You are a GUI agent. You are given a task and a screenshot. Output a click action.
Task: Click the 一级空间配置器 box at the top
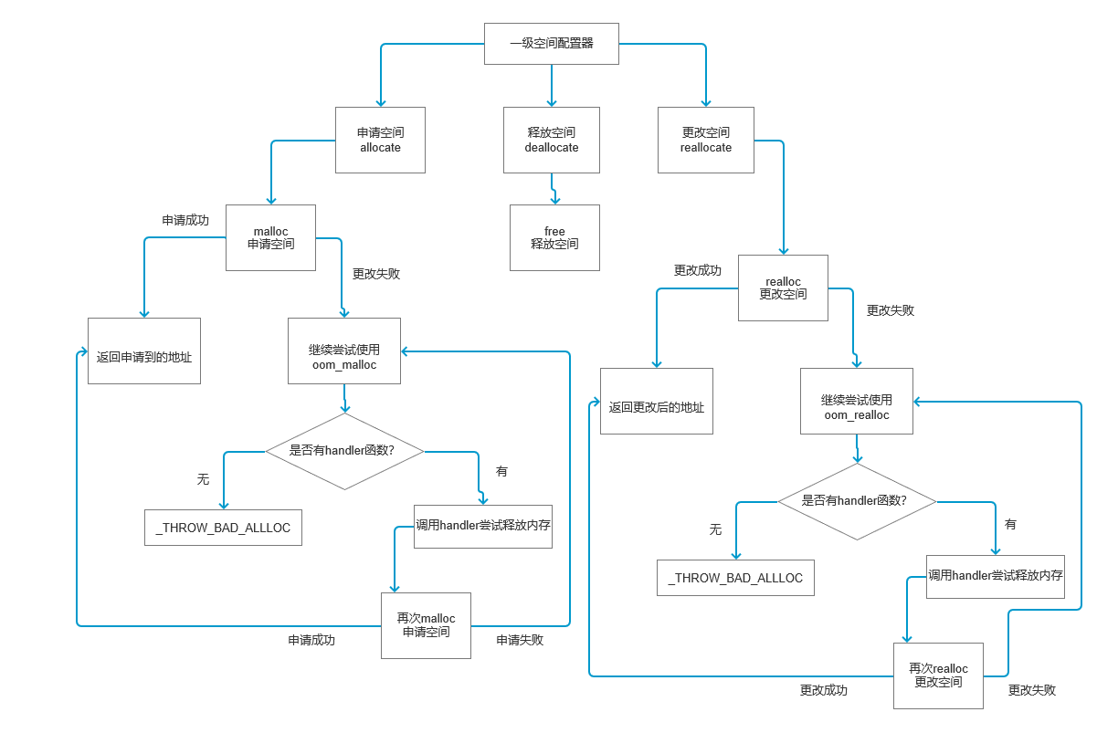click(x=551, y=43)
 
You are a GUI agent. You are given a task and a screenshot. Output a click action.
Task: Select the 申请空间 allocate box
click(x=380, y=140)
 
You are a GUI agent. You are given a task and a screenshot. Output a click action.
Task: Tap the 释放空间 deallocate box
click(x=551, y=140)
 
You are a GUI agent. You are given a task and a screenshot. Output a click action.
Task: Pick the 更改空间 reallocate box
click(x=706, y=140)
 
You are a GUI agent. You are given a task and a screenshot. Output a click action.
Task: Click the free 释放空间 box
click(x=554, y=237)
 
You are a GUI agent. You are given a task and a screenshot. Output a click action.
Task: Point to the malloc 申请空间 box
click(x=270, y=237)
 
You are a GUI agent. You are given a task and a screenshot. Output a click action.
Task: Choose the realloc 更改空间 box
click(x=783, y=288)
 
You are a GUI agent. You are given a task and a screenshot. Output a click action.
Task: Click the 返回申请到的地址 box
click(x=144, y=351)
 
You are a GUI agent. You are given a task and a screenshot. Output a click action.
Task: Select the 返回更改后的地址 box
click(x=656, y=401)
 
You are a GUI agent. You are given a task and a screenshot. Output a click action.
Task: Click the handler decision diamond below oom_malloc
click(x=343, y=451)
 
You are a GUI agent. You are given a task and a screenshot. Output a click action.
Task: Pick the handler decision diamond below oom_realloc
click(x=856, y=501)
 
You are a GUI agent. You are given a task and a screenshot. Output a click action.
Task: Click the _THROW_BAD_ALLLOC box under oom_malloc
click(x=223, y=529)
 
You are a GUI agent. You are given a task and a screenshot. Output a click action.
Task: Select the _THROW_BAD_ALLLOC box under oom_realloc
click(x=735, y=579)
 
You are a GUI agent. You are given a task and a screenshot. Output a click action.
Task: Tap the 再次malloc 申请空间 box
click(x=426, y=625)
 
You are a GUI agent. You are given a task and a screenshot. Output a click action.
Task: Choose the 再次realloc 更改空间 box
click(x=938, y=675)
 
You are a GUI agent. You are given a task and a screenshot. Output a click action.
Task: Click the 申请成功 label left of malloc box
click(x=185, y=220)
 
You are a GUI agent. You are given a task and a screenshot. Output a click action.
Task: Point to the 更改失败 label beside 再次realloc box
click(x=1032, y=690)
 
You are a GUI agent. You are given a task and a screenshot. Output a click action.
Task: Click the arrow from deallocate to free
click(x=554, y=189)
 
